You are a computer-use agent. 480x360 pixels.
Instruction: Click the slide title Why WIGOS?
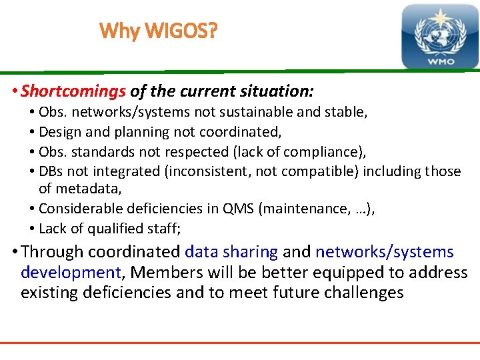pos(158,31)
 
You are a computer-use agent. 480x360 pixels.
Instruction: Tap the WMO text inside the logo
pos(439,61)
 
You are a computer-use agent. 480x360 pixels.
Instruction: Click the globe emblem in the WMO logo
pos(439,33)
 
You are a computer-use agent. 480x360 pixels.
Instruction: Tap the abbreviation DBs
pos(52,171)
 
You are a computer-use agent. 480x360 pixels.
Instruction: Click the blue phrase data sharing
pos(231,252)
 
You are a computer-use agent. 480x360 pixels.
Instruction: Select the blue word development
pos(70,273)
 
